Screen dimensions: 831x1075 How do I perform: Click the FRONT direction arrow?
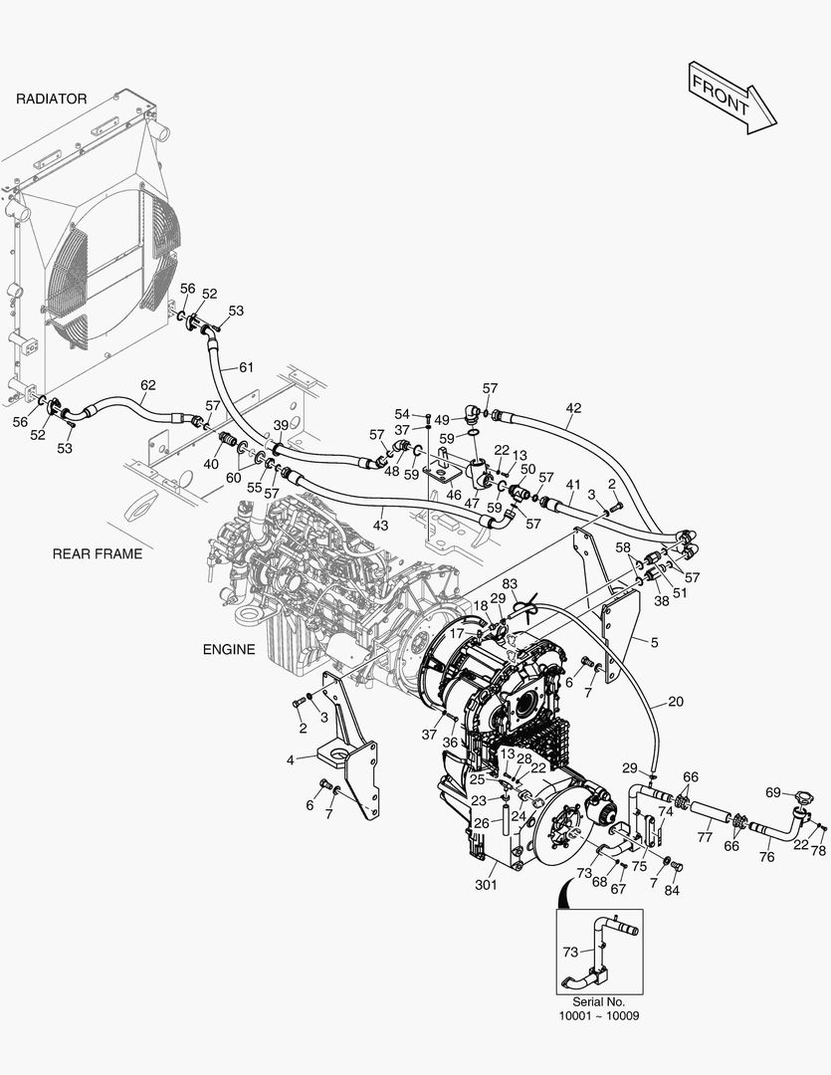(x=731, y=98)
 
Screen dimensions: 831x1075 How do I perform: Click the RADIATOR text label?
(x=52, y=99)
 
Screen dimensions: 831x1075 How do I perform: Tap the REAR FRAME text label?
(x=98, y=553)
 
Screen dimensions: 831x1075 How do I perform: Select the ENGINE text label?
(x=229, y=649)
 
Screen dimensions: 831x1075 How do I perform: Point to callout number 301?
(x=486, y=885)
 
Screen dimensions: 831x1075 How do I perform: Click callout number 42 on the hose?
(x=574, y=408)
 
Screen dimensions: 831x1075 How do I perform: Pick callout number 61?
(x=246, y=367)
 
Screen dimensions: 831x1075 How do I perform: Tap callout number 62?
(x=148, y=385)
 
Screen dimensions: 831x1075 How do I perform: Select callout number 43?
(x=380, y=526)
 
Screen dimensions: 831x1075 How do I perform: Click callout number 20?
(x=676, y=702)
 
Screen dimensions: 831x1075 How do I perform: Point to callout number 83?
(x=511, y=584)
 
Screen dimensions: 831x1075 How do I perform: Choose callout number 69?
(x=773, y=792)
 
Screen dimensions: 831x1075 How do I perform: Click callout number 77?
(x=705, y=837)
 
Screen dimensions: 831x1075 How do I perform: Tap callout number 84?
(x=672, y=891)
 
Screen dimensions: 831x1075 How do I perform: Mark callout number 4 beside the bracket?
(x=290, y=760)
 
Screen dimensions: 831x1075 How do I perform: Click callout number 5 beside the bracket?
(x=654, y=643)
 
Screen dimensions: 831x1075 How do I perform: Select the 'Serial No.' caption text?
(x=599, y=1001)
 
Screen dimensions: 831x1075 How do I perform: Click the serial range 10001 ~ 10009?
(x=599, y=1016)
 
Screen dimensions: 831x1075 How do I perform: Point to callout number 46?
(x=454, y=495)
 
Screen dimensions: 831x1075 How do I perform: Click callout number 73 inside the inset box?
(x=570, y=953)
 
